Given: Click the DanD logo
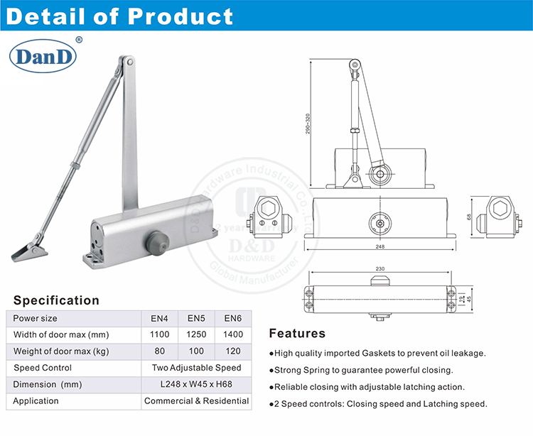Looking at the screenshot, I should (x=42, y=57).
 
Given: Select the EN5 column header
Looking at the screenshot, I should (x=196, y=318).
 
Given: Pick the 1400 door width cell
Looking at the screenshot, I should (x=232, y=334).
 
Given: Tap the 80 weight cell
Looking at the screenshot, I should (x=160, y=351).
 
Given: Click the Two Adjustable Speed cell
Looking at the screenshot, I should (x=197, y=368).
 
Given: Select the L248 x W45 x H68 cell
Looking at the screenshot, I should (x=197, y=384).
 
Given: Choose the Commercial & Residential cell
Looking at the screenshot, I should (x=197, y=400).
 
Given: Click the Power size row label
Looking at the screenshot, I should (x=36, y=318).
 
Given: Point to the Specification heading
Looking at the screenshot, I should (x=57, y=300).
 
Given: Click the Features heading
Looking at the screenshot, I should (x=297, y=333).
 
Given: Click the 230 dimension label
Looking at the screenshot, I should (x=380, y=269).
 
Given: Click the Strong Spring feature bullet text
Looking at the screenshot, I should (x=361, y=370).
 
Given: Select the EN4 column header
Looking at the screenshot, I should (x=160, y=318).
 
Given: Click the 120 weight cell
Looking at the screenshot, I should (x=232, y=351).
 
